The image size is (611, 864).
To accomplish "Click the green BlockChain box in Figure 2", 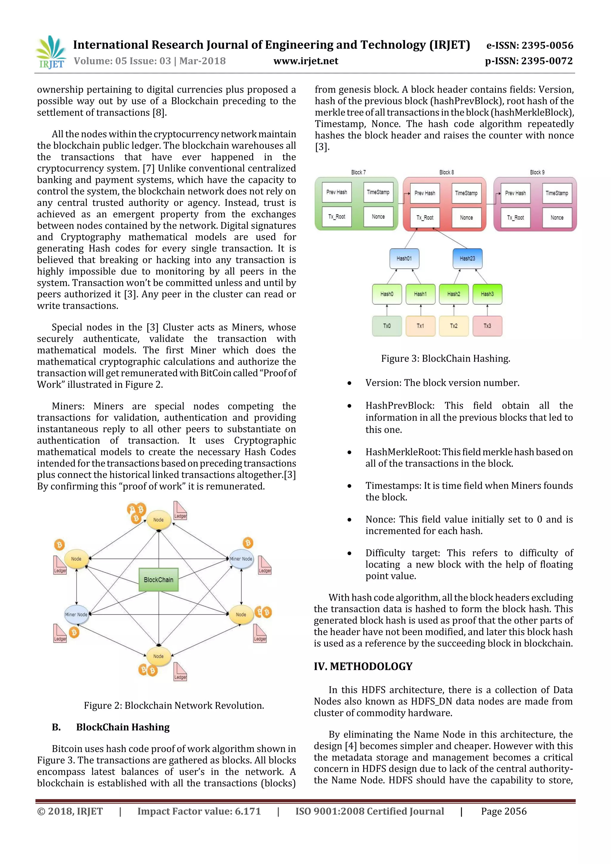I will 158,580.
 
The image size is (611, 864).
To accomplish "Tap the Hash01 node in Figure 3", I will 404,258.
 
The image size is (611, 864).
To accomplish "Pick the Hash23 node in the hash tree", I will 467,258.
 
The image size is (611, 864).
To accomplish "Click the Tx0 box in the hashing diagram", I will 387,326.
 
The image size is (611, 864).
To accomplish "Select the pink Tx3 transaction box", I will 487,326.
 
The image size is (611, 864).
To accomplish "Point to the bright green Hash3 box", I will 487,294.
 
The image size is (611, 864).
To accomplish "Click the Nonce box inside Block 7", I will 378,217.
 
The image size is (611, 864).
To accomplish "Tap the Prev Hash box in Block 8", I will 425,193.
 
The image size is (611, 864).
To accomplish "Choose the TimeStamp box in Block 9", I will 557,193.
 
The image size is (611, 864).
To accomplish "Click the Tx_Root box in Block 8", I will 425,218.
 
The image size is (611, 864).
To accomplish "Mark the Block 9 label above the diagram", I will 537,172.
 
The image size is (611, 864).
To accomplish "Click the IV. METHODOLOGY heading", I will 363,666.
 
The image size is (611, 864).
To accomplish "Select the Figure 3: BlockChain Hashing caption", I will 445,359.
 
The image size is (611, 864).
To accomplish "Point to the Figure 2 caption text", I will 174,706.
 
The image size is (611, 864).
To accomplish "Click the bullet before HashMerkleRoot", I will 350,452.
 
